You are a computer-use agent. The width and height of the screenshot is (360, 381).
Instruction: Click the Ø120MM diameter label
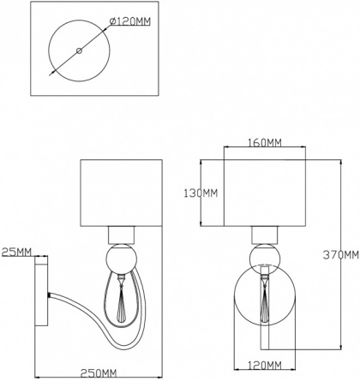[130, 21]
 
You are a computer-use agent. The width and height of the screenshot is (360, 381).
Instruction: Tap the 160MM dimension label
[265, 142]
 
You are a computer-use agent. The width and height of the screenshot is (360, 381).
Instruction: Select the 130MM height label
[201, 193]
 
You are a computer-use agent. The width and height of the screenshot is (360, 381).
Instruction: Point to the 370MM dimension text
[341, 254]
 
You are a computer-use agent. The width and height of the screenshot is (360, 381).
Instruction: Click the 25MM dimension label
[16, 252]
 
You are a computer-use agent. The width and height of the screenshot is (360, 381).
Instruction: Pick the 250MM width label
[99, 373]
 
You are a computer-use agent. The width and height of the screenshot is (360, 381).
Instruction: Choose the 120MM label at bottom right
[265, 365]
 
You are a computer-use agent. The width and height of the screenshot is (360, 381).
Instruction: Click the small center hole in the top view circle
[79, 51]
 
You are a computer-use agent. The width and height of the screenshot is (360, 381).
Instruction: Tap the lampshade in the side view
[121, 193]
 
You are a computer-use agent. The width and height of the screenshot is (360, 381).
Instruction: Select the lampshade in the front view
[265, 193]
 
